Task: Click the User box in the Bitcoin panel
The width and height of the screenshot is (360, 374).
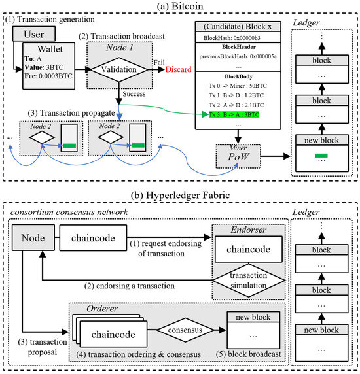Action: tap(30, 32)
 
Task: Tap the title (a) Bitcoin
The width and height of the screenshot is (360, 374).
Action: tap(180, 6)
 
